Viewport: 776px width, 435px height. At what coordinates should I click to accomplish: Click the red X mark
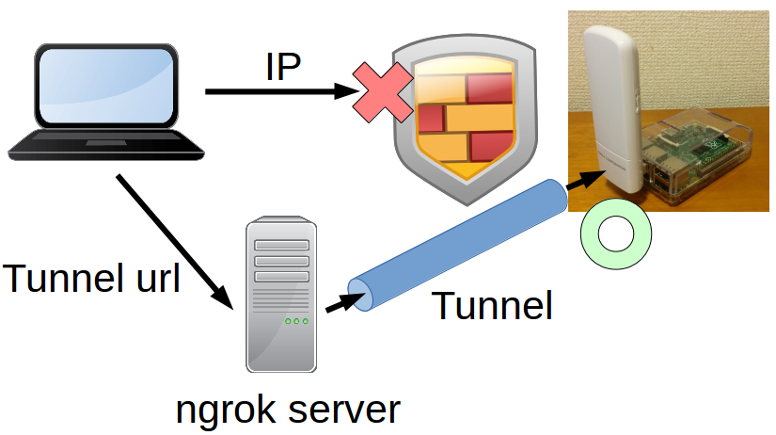pyautogui.click(x=382, y=92)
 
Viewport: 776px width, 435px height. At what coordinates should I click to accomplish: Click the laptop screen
pyautogui.click(x=105, y=88)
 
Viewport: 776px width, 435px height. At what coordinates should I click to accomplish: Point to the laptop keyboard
pyautogui.click(x=106, y=144)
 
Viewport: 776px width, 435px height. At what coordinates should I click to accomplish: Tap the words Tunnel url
pyautogui.click(x=91, y=279)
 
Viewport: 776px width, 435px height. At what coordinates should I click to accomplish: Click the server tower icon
pyautogui.click(x=280, y=295)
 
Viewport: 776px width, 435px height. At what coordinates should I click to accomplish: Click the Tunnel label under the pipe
pyautogui.click(x=492, y=307)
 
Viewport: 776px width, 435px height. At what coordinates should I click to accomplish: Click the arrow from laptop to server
pyautogui.click(x=174, y=239)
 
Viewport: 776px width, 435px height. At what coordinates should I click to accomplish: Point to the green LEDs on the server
pyautogui.click(x=296, y=321)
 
